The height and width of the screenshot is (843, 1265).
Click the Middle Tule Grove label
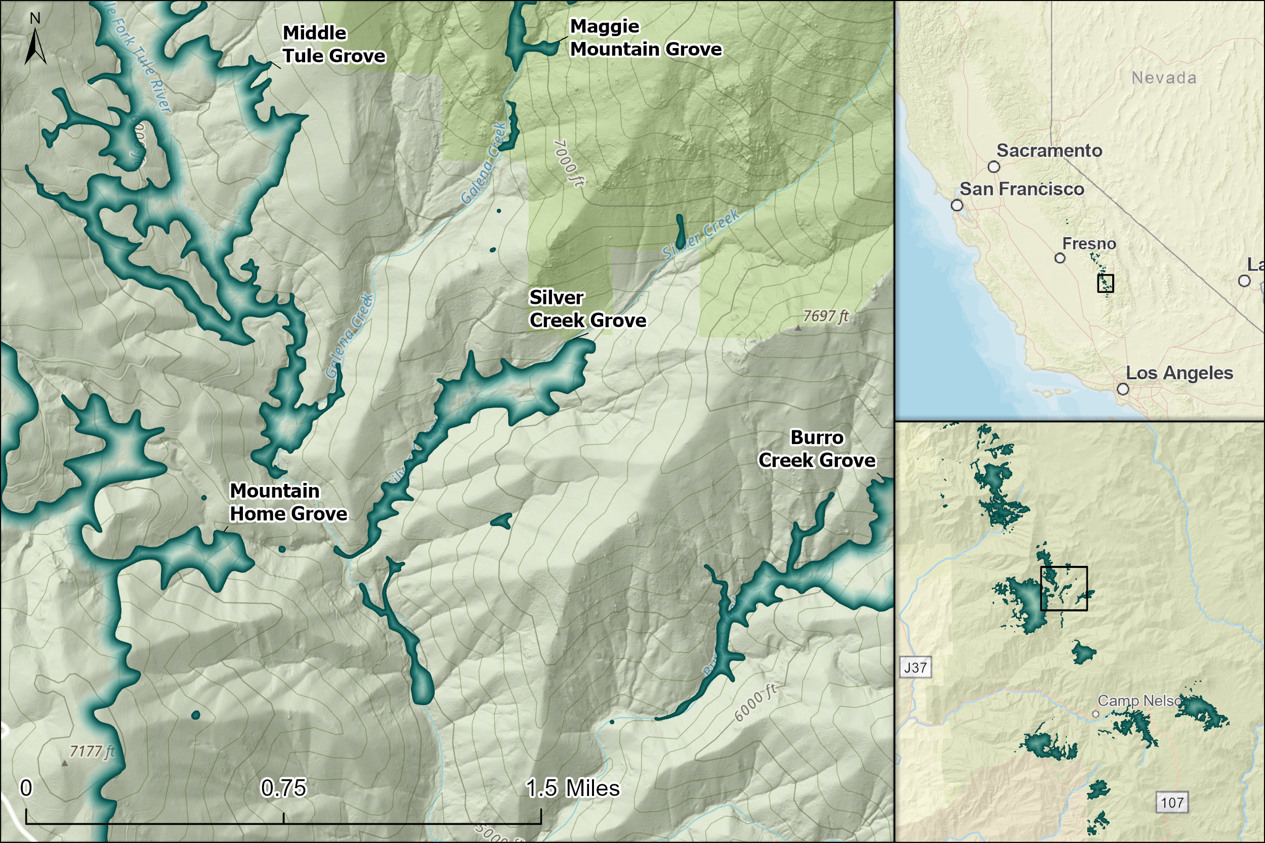(333, 44)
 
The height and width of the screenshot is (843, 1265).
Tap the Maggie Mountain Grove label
(646, 37)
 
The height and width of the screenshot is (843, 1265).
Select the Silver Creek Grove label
(587, 308)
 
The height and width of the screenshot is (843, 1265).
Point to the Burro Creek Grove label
(817, 449)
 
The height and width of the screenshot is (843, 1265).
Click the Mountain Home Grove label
(288, 502)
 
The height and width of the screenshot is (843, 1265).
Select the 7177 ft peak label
(92, 751)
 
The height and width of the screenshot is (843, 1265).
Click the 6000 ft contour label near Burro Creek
(755, 703)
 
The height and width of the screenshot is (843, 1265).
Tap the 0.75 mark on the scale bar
(283, 788)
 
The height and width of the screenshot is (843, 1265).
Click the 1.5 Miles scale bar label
(572, 788)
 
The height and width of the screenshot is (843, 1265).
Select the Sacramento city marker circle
(994, 167)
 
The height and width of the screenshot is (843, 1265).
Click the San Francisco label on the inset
(1021, 189)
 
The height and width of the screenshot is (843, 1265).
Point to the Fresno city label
(1089, 244)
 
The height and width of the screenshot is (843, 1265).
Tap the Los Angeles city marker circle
(1123, 389)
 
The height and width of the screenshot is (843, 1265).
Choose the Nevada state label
(1164, 78)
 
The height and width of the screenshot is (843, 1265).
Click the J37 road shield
(915, 668)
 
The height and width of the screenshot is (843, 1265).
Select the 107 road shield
(1172, 803)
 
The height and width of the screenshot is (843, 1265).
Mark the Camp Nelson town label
(1139, 700)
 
